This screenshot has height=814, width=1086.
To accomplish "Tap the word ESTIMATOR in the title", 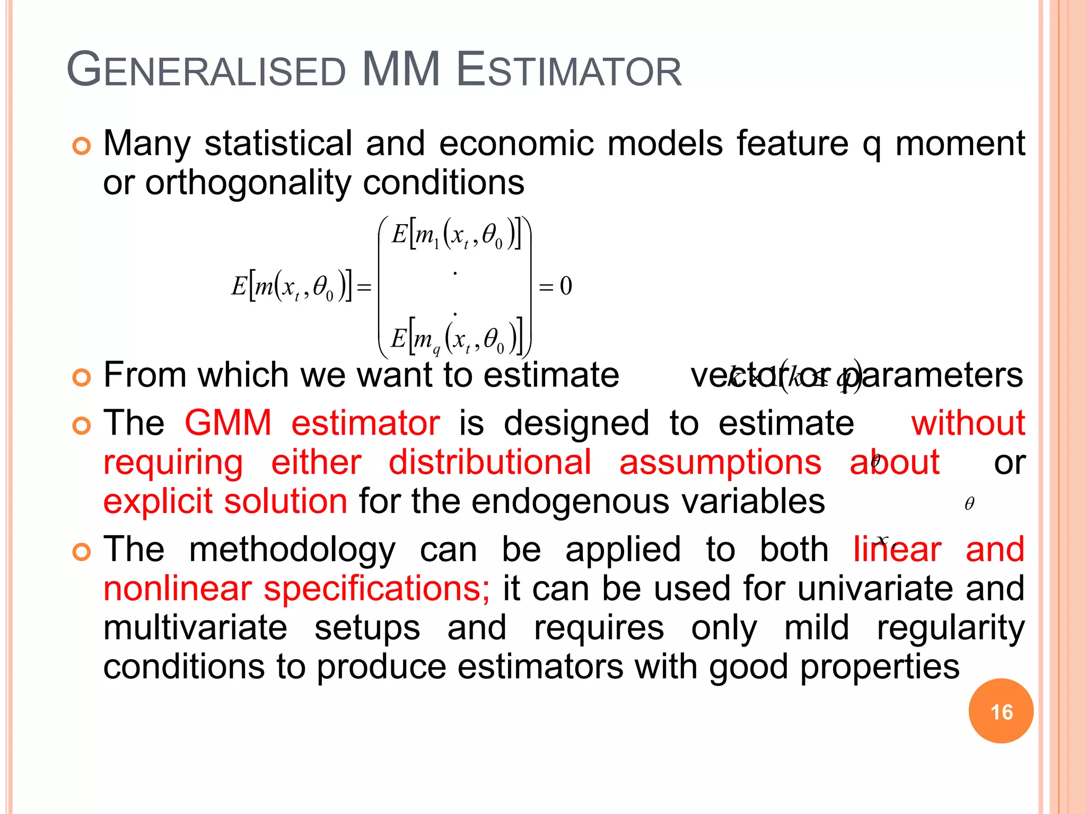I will tap(568, 70).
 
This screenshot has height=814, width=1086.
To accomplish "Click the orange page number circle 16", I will tap(1001, 711).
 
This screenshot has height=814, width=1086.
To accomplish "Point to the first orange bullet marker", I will tap(81, 146).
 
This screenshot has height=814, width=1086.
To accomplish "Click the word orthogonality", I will tap(248, 183).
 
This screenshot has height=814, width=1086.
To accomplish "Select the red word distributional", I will tap(490, 462).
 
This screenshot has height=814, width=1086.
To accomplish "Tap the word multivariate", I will tap(195, 628).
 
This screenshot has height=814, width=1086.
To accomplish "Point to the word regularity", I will tap(950, 628).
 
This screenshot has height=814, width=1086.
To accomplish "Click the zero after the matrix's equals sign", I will tap(566, 287).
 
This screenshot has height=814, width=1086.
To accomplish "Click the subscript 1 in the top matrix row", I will tap(436, 244).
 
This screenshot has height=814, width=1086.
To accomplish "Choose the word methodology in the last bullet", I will tap(292, 550).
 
